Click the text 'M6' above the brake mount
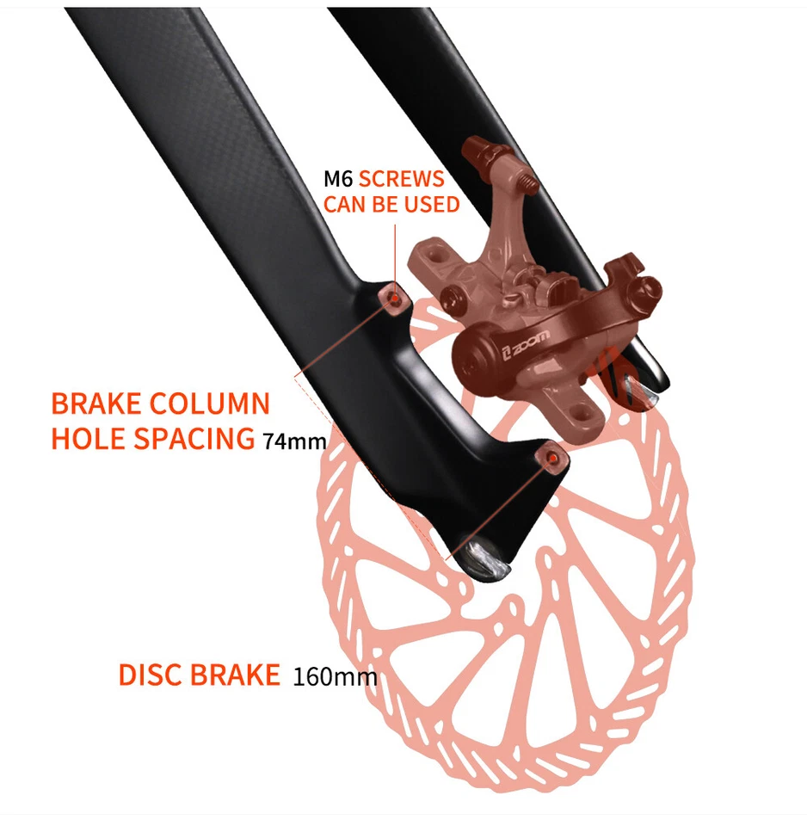(x=337, y=180)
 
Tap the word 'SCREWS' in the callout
(x=402, y=180)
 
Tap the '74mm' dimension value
(x=294, y=442)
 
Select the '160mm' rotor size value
(x=335, y=676)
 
